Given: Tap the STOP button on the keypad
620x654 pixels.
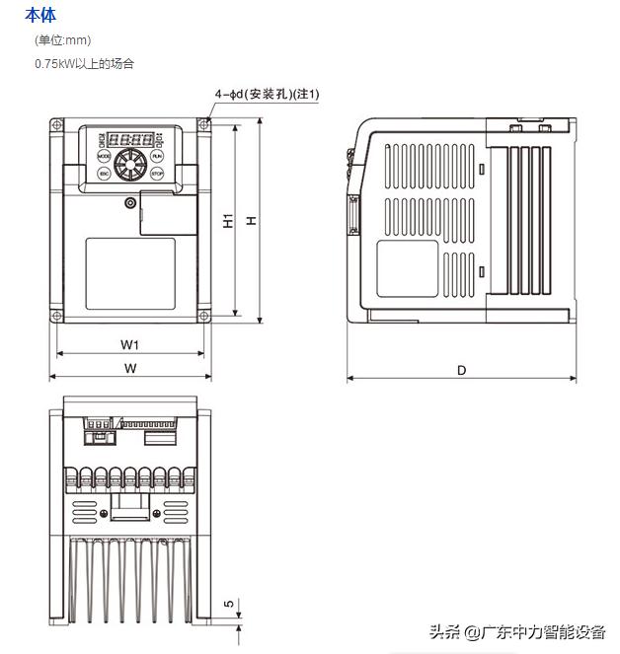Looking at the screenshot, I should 157,174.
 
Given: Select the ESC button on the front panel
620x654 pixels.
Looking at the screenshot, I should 104,174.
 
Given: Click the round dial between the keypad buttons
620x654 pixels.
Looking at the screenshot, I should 130,164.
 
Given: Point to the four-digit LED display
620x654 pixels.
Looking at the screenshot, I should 130,139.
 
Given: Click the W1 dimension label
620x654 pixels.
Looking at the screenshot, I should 129,344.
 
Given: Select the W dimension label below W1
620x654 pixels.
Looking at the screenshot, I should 129,368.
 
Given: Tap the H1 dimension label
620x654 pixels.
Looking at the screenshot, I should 228,221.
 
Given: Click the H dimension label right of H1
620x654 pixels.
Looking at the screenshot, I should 252,221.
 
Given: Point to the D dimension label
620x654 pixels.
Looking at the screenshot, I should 461,370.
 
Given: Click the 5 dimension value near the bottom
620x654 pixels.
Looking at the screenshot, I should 228,604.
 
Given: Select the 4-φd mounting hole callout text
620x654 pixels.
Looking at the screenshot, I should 267,95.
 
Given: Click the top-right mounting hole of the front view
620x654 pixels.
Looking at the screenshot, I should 204,124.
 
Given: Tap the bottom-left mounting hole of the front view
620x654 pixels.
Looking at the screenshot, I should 57,317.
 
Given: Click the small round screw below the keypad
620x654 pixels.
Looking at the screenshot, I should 130,203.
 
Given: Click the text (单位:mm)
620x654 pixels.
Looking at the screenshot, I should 62,40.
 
